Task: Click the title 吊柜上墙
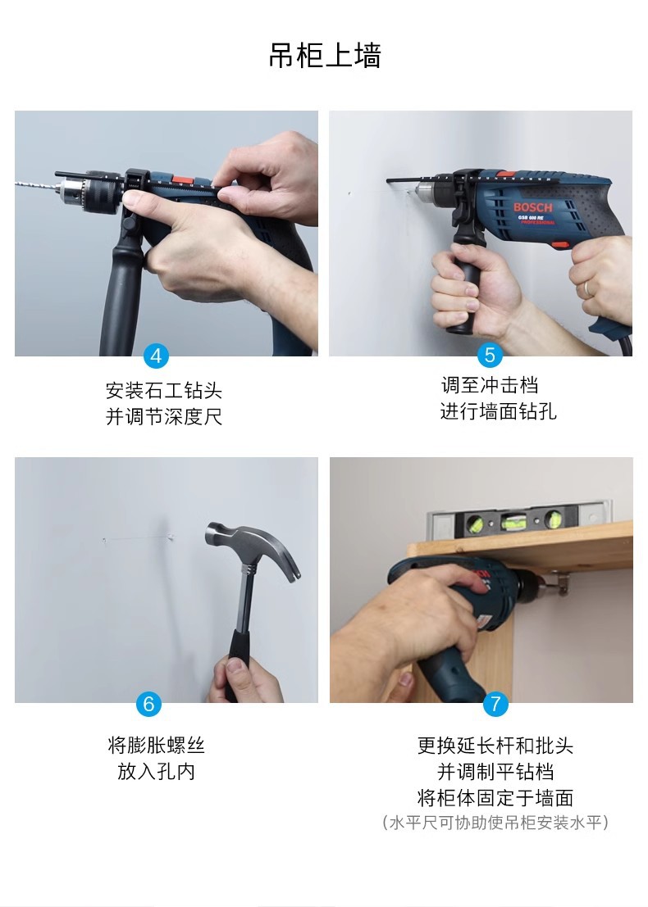point(324,56)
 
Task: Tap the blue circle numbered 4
point(156,355)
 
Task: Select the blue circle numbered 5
point(490,355)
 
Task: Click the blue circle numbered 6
point(148,703)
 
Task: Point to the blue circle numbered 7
point(495,703)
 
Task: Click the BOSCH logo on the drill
point(533,207)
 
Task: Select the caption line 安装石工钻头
point(164,391)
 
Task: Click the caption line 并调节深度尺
point(164,416)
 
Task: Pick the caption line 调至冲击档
point(490,384)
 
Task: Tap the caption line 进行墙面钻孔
point(498,411)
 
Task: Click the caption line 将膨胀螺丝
point(157,745)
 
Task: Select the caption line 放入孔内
point(157,771)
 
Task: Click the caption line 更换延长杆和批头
point(495,746)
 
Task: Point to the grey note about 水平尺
point(495,822)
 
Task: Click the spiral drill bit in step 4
point(37,186)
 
